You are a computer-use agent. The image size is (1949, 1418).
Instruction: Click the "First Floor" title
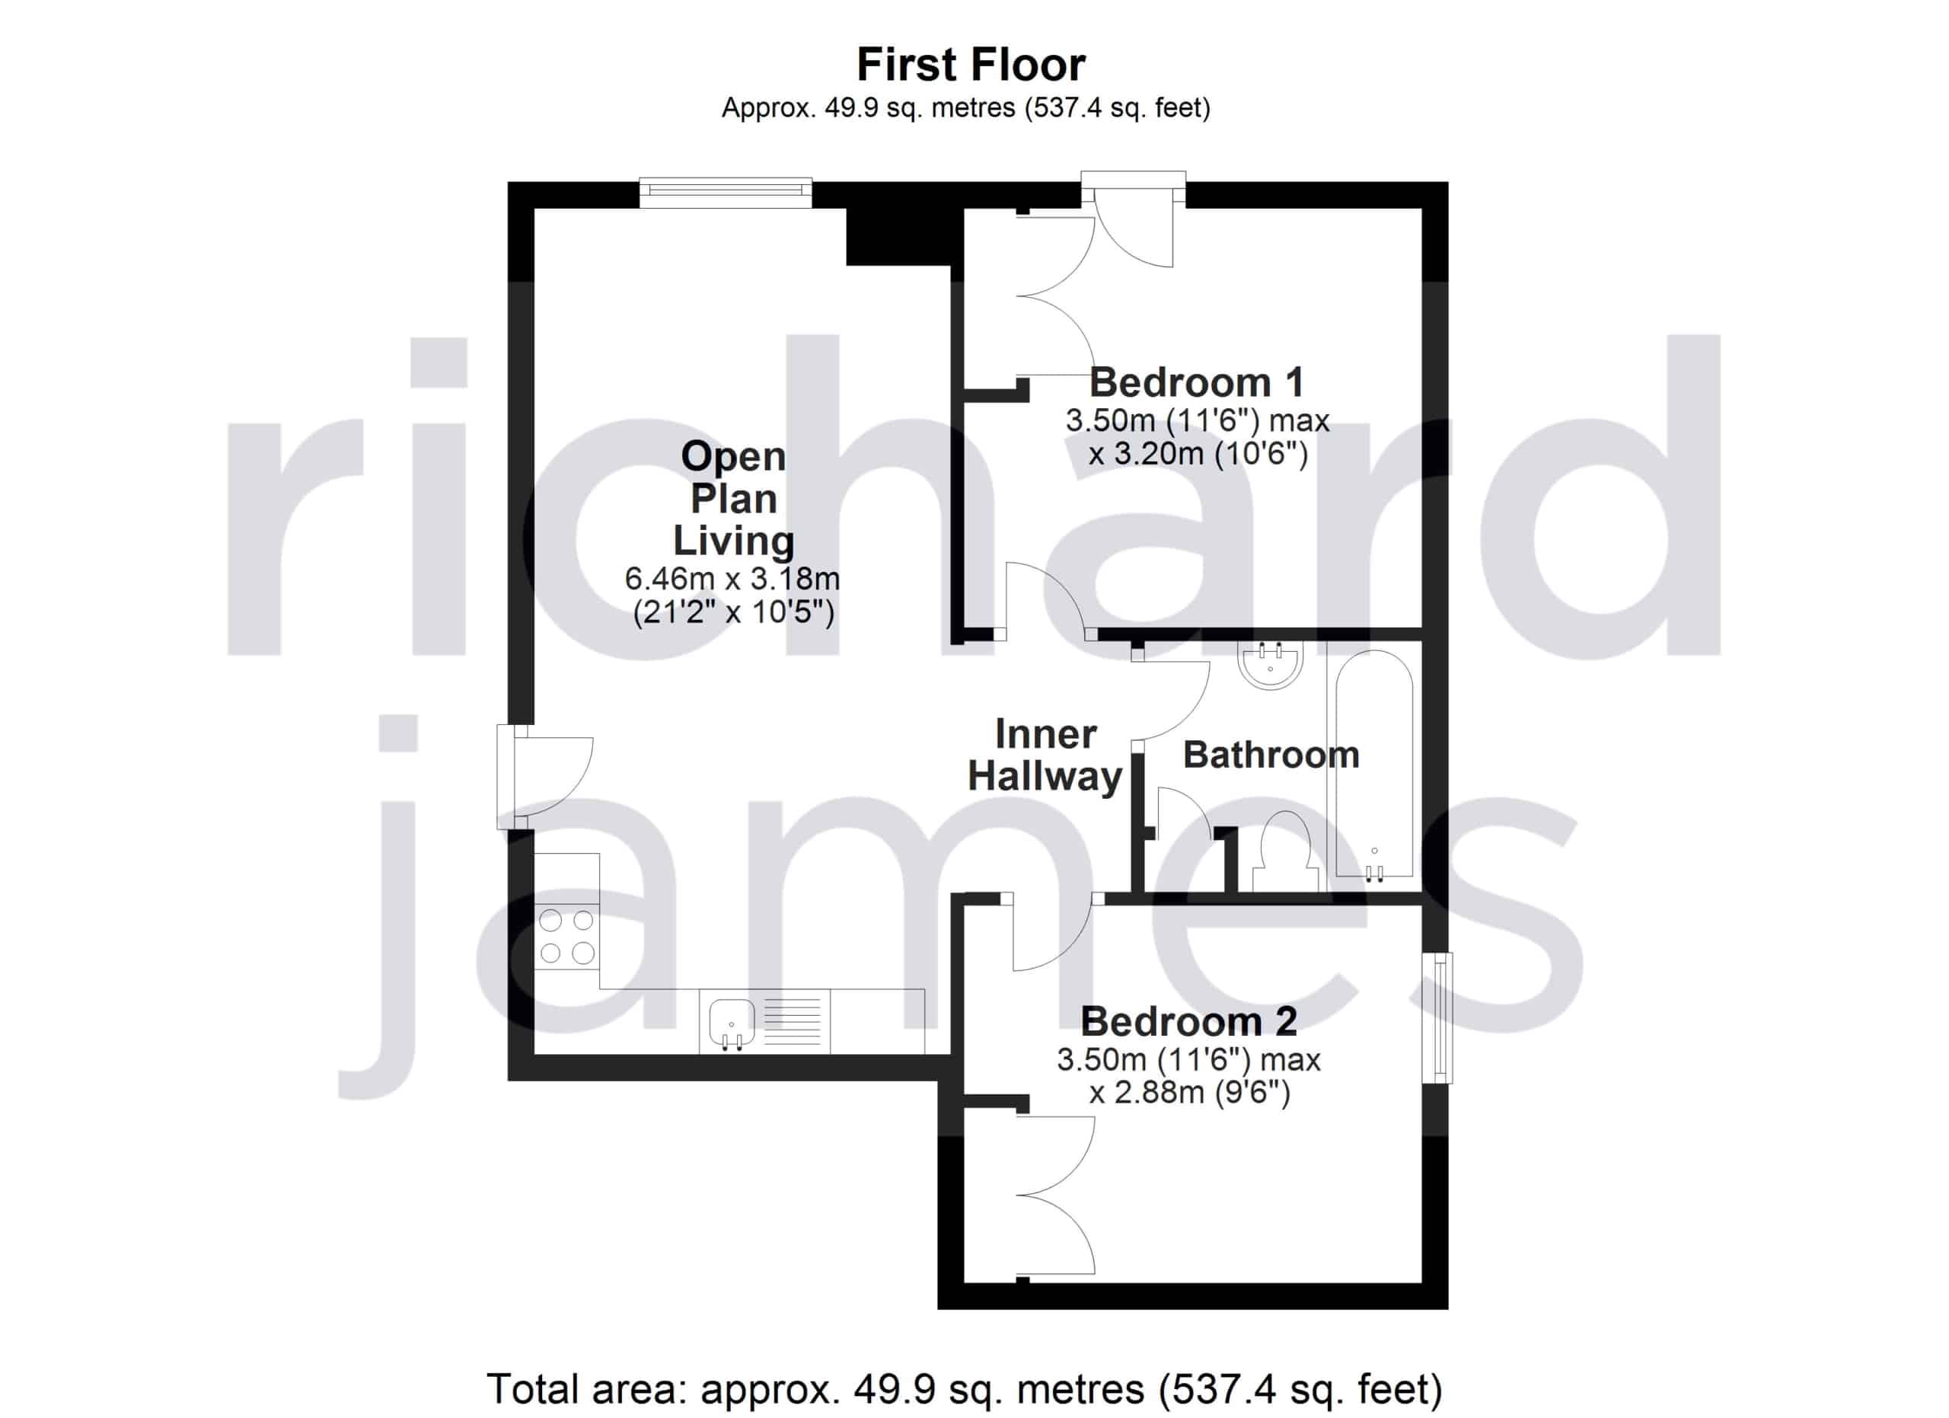(x=971, y=65)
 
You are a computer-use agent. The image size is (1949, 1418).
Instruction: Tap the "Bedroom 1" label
(x=1196, y=382)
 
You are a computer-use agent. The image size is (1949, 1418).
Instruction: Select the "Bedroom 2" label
(x=1188, y=1021)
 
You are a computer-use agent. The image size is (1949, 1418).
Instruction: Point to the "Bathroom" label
(x=1271, y=755)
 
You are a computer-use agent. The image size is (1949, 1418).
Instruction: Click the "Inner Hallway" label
(x=1045, y=755)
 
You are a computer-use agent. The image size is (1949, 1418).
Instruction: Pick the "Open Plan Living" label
(x=733, y=499)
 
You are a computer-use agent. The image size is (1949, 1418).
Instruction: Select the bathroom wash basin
(x=1270, y=664)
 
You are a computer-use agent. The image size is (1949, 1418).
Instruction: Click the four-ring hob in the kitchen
(x=566, y=937)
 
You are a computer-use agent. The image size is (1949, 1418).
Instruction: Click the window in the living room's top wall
(x=726, y=193)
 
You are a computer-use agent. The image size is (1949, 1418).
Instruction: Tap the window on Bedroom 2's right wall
(x=1437, y=1017)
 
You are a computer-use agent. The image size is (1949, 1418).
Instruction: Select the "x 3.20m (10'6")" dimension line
(x=1198, y=454)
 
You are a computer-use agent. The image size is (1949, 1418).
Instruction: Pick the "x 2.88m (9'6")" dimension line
(x=1189, y=1092)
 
